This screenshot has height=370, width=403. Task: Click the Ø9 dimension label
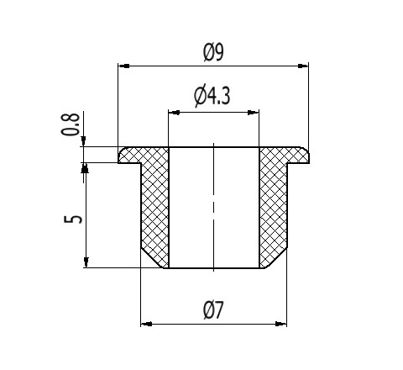213,53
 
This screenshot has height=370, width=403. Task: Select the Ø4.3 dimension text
212,96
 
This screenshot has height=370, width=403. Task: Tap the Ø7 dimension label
213,310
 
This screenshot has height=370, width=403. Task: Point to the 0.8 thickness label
71,124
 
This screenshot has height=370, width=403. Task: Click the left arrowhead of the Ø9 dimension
123,66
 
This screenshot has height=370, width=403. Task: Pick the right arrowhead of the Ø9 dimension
303,66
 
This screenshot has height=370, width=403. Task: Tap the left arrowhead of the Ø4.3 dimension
174,113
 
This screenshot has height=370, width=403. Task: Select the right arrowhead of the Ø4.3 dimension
254,113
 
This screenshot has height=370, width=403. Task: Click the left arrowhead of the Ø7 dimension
146,324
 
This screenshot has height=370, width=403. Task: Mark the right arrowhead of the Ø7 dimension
281,324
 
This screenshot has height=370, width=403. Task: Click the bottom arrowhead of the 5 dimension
86,262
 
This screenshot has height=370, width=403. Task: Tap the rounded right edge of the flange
307,153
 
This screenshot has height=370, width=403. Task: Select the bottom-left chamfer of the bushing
152,258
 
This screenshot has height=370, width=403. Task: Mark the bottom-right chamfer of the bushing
276,258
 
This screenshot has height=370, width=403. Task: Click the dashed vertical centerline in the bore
214,207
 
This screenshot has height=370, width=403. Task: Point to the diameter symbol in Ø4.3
200,96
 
